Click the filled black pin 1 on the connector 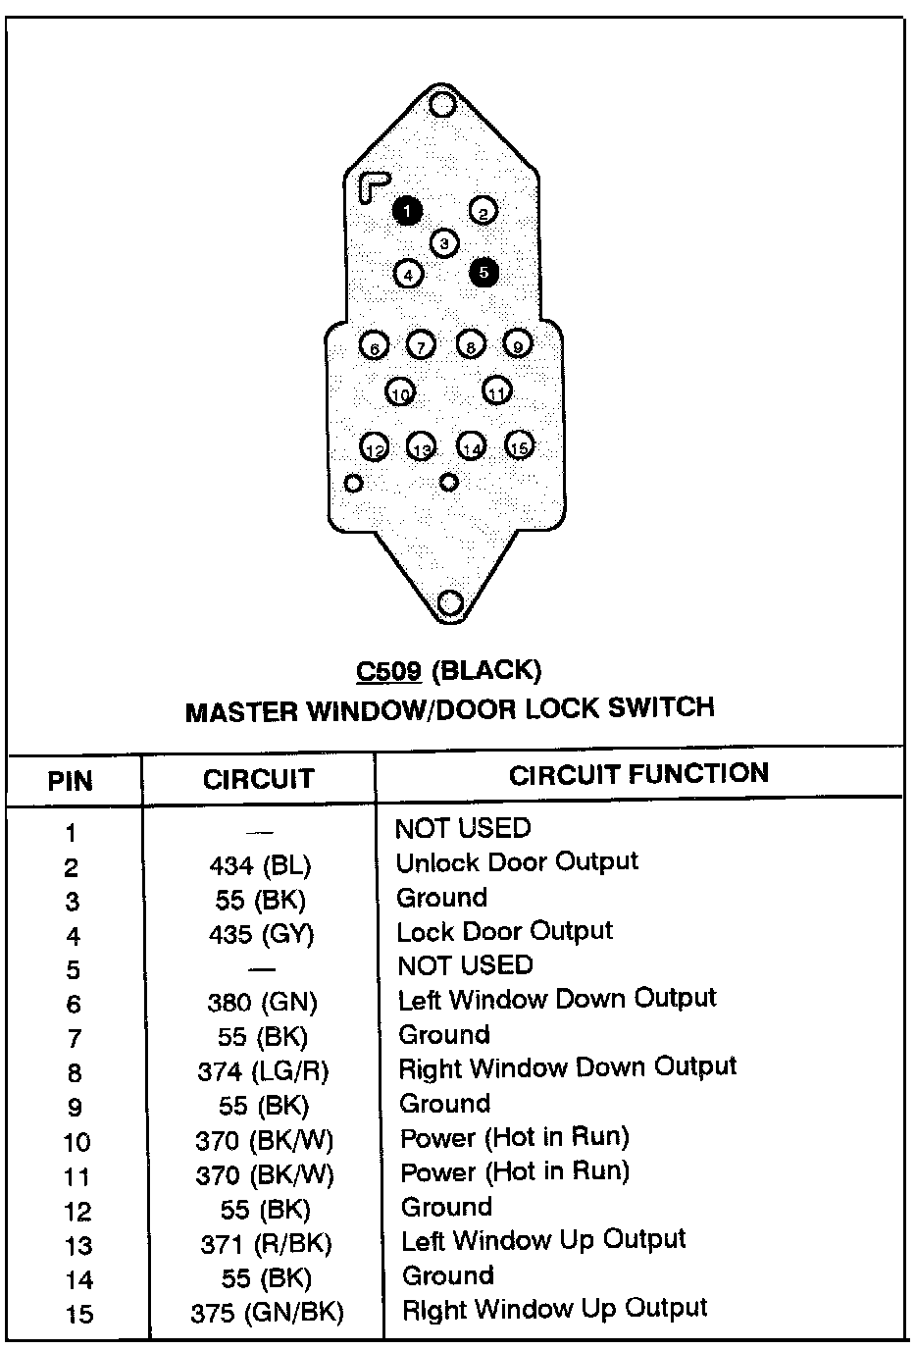[x=407, y=210]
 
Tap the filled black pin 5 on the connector [x=484, y=273]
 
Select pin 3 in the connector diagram [x=444, y=242]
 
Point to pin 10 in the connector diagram [x=400, y=392]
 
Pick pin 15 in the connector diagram [x=519, y=446]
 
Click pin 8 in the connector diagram [x=471, y=345]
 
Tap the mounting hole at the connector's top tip [x=442, y=103]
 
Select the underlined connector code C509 [x=388, y=671]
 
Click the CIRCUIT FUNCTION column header [x=638, y=774]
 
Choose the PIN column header [x=71, y=781]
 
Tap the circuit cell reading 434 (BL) [x=260, y=866]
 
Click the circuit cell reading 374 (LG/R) [x=263, y=1072]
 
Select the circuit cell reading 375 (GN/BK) [x=267, y=1313]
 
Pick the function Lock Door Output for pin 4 [x=504, y=931]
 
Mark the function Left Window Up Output [x=543, y=1240]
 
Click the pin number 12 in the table [x=77, y=1212]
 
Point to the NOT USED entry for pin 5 [x=465, y=965]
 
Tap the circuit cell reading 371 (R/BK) [x=266, y=1244]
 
